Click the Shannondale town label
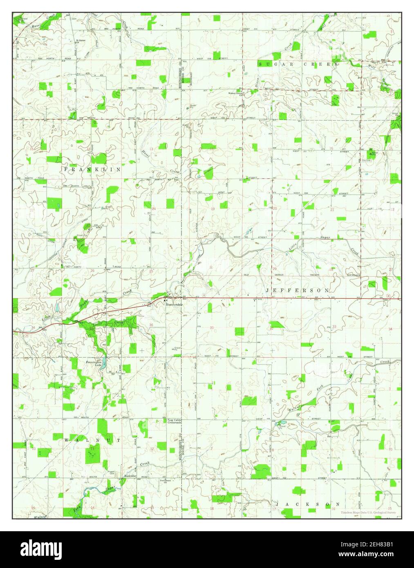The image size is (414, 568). pyautogui.click(x=173, y=304)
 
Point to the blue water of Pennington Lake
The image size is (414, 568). pyautogui.click(x=104, y=361)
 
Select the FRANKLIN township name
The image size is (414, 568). pyautogui.click(x=92, y=169)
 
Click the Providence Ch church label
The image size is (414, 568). pyautogui.click(x=166, y=481)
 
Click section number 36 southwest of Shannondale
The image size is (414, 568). pyautogui.click(x=151, y=325)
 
